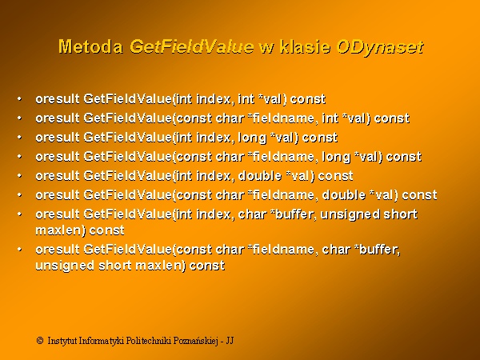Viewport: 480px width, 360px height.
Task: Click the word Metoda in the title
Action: point(91,47)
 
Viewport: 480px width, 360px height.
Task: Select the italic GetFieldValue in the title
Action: point(192,47)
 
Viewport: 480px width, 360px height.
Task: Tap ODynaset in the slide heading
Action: point(380,47)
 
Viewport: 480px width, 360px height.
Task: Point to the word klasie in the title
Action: point(306,47)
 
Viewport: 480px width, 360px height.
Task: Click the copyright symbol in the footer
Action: point(40,341)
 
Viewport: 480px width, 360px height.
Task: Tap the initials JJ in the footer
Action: point(230,341)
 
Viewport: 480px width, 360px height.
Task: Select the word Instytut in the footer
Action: point(62,341)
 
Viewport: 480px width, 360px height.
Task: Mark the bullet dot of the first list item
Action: point(19,99)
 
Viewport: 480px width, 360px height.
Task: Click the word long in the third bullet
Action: point(253,138)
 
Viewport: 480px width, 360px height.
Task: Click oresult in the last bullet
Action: point(58,250)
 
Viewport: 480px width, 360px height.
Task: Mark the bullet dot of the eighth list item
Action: point(19,250)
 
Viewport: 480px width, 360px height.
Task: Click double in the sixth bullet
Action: point(344,195)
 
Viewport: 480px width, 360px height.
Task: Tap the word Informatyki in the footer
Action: point(102,341)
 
